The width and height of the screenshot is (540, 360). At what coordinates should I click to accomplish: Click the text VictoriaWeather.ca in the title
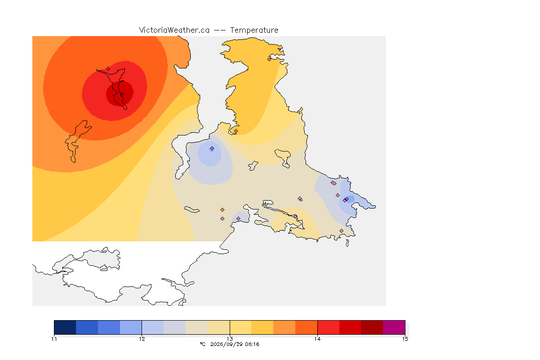tap(174, 30)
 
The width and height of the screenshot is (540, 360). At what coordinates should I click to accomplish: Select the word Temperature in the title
tap(254, 30)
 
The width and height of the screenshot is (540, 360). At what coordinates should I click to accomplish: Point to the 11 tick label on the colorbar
tap(54, 339)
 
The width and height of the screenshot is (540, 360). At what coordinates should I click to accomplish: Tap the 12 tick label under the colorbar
tap(142, 339)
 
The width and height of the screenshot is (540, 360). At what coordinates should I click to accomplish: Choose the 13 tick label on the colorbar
tap(230, 339)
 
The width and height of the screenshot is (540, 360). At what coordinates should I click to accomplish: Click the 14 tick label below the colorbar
tap(317, 339)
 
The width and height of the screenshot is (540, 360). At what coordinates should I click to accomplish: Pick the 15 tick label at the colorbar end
tap(405, 339)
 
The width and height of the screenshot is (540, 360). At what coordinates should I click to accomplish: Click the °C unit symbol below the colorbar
tap(202, 344)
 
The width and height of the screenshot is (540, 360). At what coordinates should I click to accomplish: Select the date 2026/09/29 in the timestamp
tap(225, 344)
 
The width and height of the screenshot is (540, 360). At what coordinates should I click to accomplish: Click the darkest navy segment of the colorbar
tap(65, 327)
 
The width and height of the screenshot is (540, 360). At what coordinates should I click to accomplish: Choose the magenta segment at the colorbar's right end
tap(394, 327)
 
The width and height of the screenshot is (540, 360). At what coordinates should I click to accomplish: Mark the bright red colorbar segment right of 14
tap(329, 327)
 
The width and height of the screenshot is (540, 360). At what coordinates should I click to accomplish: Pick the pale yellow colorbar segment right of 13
tap(241, 327)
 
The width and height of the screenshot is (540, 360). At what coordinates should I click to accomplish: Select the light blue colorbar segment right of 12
tap(153, 327)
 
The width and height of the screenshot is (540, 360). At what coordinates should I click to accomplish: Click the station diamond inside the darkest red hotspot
tap(122, 95)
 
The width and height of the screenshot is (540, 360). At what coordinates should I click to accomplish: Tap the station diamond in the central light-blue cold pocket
tap(212, 149)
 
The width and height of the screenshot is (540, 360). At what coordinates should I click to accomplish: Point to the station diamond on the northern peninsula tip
tap(270, 59)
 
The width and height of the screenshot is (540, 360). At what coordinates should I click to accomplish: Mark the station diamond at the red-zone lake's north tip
tap(108, 69)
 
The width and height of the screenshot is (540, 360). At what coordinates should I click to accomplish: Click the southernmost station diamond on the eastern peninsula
tap(341, 231)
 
